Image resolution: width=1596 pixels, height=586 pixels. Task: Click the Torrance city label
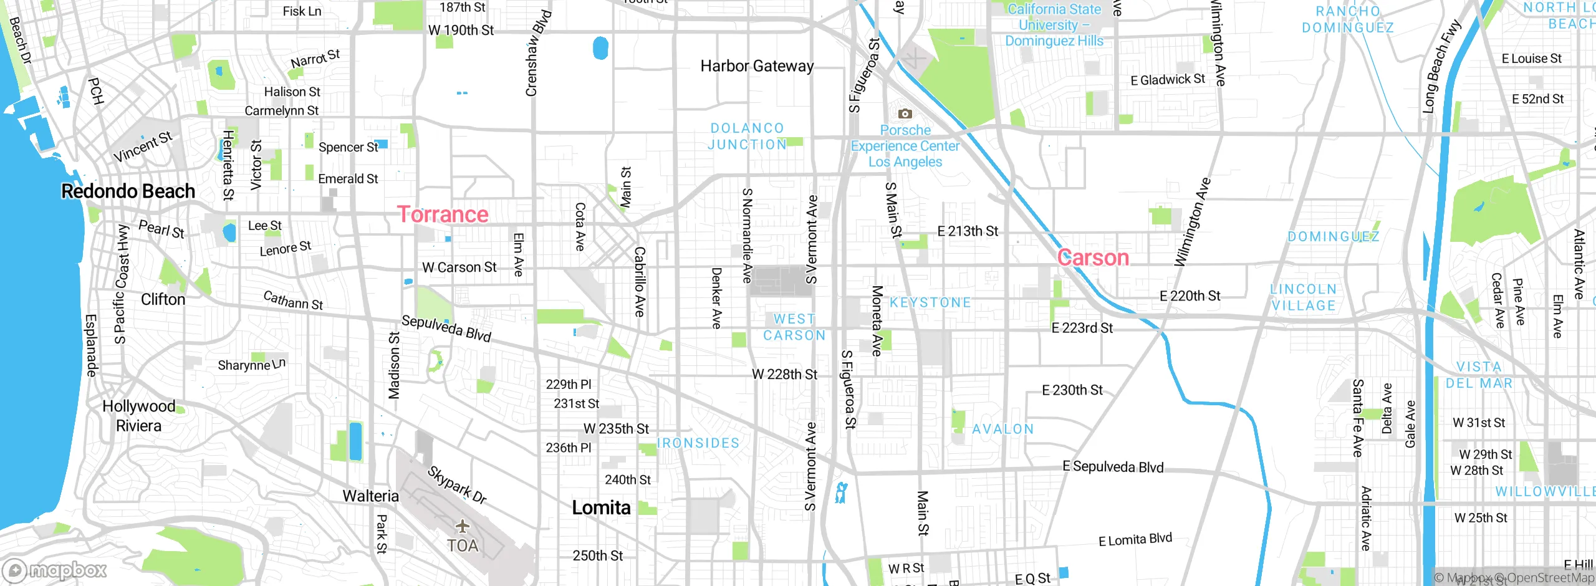coord(443,214)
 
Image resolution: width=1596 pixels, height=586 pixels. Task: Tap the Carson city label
coord(1094,257)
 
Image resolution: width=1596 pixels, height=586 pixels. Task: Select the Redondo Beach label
coord(128,191)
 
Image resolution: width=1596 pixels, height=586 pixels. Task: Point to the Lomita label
coord(601,508)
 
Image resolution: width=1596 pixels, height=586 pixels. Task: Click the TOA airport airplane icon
coord(462,527)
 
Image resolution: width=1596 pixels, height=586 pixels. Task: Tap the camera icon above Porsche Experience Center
coord(905,113)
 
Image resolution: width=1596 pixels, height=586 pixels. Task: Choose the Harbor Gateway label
coord(757,66)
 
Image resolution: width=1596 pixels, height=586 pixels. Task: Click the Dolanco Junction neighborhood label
coord(748,136)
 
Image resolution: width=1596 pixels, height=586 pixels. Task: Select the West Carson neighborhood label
coord(794,327)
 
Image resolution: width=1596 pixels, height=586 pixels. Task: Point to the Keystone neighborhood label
coord(930,303)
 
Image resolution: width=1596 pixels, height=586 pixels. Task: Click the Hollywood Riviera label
coord(139,416)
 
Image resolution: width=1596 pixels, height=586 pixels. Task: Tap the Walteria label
coord(370,496)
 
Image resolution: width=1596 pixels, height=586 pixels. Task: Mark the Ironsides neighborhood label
coord(698,443)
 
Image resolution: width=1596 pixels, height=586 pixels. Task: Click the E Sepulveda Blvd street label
coord(1113,467)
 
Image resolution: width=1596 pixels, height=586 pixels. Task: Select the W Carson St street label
coord(459,267)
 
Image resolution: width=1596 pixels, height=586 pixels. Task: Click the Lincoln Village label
coord(1304,297)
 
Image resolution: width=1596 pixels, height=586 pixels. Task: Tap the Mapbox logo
coord(55,570)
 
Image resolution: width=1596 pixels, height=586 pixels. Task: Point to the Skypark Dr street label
coord(457,484)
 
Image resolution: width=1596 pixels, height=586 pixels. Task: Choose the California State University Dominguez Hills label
coord(1054,25)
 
